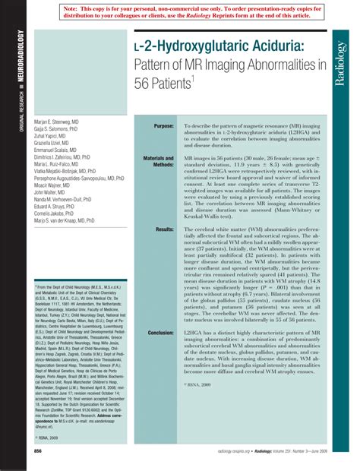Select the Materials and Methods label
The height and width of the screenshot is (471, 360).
point(159,161)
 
